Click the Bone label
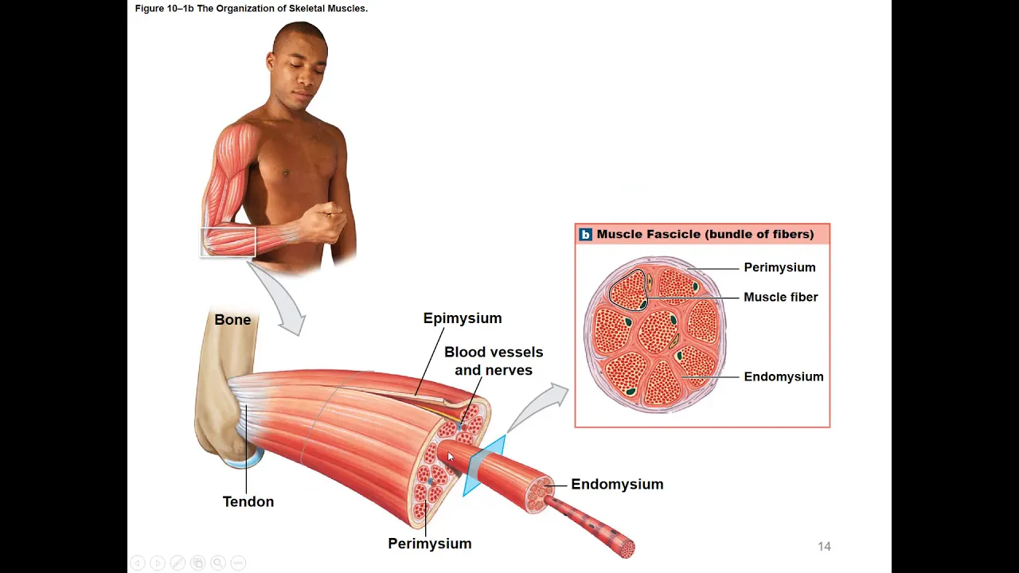(x=232, y=320)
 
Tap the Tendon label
(x=248, y=501)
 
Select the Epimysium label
(x=462, y=318)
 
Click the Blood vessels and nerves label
(x=494, y=361)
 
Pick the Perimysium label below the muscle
(x=429, y=544)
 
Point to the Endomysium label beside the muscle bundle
(x=616, y=484)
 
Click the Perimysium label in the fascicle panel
(x=779, y=267)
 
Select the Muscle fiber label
(x=780, y=297)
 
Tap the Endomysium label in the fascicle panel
(x=783, y=376)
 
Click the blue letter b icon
(x=586, y=234)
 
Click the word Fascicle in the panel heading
(x=673, y=234)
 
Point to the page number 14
(x=824, y=546)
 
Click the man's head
(x=299, y=64)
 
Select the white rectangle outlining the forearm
(x=228, y=242)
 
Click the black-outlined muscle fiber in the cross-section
(x=628, y=290)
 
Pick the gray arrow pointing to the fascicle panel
(x=541, y=406)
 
